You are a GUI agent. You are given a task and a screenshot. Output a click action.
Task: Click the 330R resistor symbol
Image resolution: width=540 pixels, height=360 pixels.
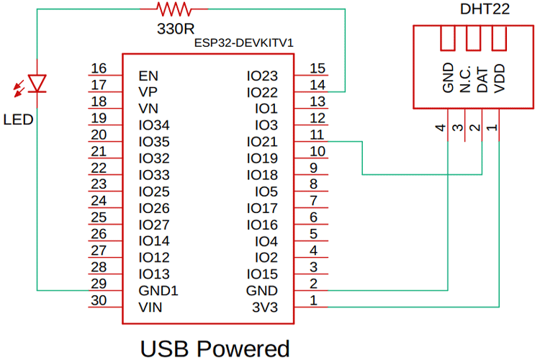tap(173, 9)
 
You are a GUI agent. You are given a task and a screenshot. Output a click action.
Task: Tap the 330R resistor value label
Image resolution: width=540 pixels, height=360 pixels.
tap(174, 30)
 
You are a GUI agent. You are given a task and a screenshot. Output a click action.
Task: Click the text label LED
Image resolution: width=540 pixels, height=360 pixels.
tap(18, 119)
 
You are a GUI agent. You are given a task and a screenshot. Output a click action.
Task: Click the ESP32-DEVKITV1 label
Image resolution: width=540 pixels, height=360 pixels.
tap(244, 43)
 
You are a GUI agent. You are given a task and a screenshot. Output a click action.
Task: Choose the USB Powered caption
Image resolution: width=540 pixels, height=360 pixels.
tap(215, 348)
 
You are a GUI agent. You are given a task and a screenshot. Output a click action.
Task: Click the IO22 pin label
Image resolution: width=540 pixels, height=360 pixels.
tap(261, 92)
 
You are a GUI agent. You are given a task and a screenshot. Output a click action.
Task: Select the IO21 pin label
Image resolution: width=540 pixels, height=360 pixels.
tap(261, 142)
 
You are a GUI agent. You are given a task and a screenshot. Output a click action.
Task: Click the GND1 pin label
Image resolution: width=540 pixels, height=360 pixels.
tap(158, 291)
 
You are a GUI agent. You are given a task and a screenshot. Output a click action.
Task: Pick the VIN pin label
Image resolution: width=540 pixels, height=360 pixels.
tap(150, 307)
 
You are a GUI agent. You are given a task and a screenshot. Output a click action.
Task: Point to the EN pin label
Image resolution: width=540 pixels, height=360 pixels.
tap(148, 76)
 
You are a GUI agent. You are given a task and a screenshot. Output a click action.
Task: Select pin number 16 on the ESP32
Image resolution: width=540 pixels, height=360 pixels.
tap(99, 68)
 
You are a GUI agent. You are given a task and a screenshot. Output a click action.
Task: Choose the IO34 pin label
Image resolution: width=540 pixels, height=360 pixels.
tap(155, 125)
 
